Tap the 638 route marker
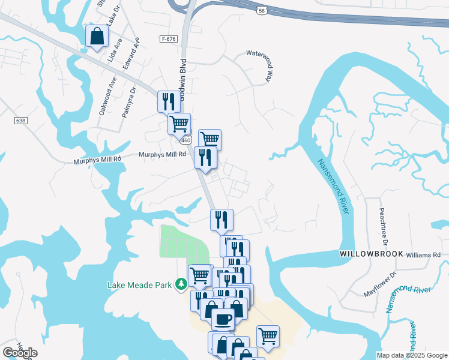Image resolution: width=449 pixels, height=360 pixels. point(21,121)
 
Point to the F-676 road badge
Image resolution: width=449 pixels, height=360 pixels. point(169,38)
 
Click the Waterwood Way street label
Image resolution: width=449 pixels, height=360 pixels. point(264,62)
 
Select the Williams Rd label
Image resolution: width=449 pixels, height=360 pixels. point(423,255)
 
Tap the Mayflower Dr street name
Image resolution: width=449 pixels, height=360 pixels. point(381,284)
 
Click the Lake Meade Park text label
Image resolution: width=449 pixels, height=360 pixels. point(140,284)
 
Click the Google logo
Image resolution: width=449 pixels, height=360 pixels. point(20,353)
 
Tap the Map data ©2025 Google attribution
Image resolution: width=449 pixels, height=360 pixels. point(411,355)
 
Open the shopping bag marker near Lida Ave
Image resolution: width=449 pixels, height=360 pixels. point(97,37)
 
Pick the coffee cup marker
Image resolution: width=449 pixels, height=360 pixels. point(223,319)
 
